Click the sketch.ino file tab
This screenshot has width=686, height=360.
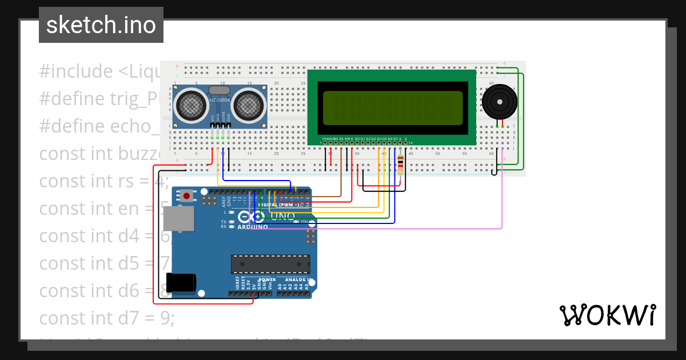point(101,25)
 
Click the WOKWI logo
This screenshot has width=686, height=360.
point(607,315)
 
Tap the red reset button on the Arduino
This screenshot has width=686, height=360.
point(186,196)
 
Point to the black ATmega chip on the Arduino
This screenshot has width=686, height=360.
point(270,264)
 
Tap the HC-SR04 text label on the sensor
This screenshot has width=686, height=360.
point(220,101)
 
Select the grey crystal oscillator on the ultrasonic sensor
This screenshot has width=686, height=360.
point(220,90)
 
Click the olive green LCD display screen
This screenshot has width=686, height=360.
point(392,108)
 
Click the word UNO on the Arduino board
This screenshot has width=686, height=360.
point(282,216)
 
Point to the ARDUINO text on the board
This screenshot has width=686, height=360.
point(252,227)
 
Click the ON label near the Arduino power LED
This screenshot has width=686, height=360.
point(305,222)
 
